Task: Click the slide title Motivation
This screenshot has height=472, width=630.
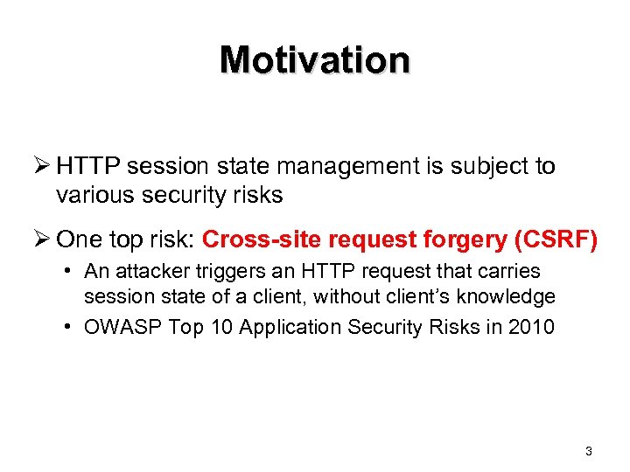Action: (x=315, y=59)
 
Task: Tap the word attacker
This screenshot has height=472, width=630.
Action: (x=149, y=272)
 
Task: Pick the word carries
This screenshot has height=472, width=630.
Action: (x=508, y=272)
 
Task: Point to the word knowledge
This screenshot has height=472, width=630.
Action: (x=510, y=297)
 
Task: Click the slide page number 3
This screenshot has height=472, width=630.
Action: (x=588, y=451)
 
